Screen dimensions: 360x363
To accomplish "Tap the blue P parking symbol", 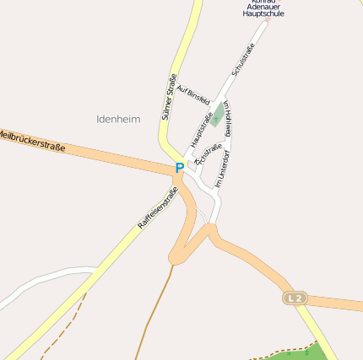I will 179,169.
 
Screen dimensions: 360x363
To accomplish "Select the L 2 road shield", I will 293,298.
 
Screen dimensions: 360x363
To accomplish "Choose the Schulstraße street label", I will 242,62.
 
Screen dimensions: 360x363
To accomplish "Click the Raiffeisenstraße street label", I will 158,208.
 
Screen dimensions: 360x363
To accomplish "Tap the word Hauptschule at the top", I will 263,14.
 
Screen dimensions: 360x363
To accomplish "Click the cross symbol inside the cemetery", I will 219,110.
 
